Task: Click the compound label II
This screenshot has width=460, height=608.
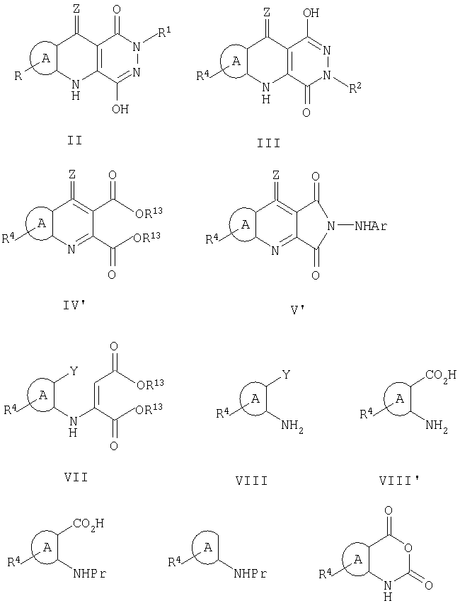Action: (x=75, y=139)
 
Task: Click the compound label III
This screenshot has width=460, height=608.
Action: (x=269, y=144)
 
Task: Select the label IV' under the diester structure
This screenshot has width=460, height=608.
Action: (x=75, y=306)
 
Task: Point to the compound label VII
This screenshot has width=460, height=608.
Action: (x=76, y=477)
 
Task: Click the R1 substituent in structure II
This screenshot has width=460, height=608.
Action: (x=164, y=34)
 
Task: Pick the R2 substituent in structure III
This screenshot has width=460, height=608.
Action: (x=356, y=88)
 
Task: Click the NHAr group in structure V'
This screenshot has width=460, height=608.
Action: (x=372, y=226)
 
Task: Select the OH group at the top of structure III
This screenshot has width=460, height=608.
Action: (x=311, y=13)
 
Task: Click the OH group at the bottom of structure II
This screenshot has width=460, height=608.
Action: (x=120, y=109)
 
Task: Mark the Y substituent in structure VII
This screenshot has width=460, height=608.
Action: (x=74, y=372)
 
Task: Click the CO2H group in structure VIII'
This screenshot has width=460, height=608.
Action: (x=441, y=375)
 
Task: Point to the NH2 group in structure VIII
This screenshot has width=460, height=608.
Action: (x=292, y=428)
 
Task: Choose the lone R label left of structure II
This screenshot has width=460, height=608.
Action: (x=18, y=76)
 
